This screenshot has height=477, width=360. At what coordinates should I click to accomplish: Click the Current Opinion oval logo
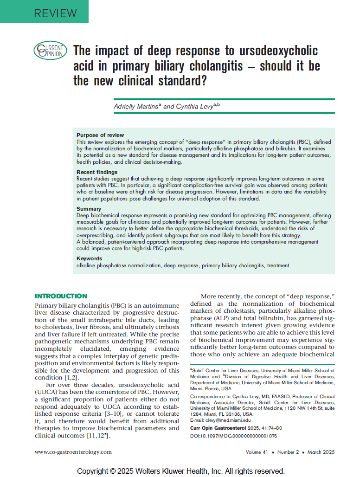pyautogui.click(x=50, y=51)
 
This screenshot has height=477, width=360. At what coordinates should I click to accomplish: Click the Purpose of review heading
pyautogui.click(x=100, y=135)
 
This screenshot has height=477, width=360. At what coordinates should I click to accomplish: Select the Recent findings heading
pyautogui.click(x=97, y=172)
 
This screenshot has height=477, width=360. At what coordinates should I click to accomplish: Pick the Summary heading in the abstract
pyautogui.click(x=89, y=209)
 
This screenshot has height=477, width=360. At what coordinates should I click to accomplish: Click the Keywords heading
pyautogui.click(x=90, y=258)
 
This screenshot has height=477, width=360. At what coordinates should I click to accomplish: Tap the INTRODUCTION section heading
pyautogui.click(x=61, y=296)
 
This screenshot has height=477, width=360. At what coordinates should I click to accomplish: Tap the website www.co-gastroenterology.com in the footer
pyautogui.click(x=73, y=452)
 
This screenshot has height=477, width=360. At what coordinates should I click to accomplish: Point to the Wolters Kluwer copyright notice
pyautogui.click(x=180, y=471)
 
